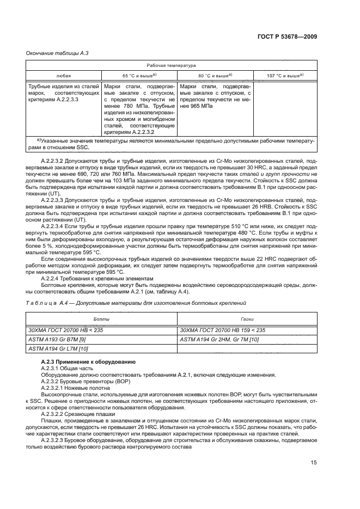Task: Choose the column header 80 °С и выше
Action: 215,76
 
